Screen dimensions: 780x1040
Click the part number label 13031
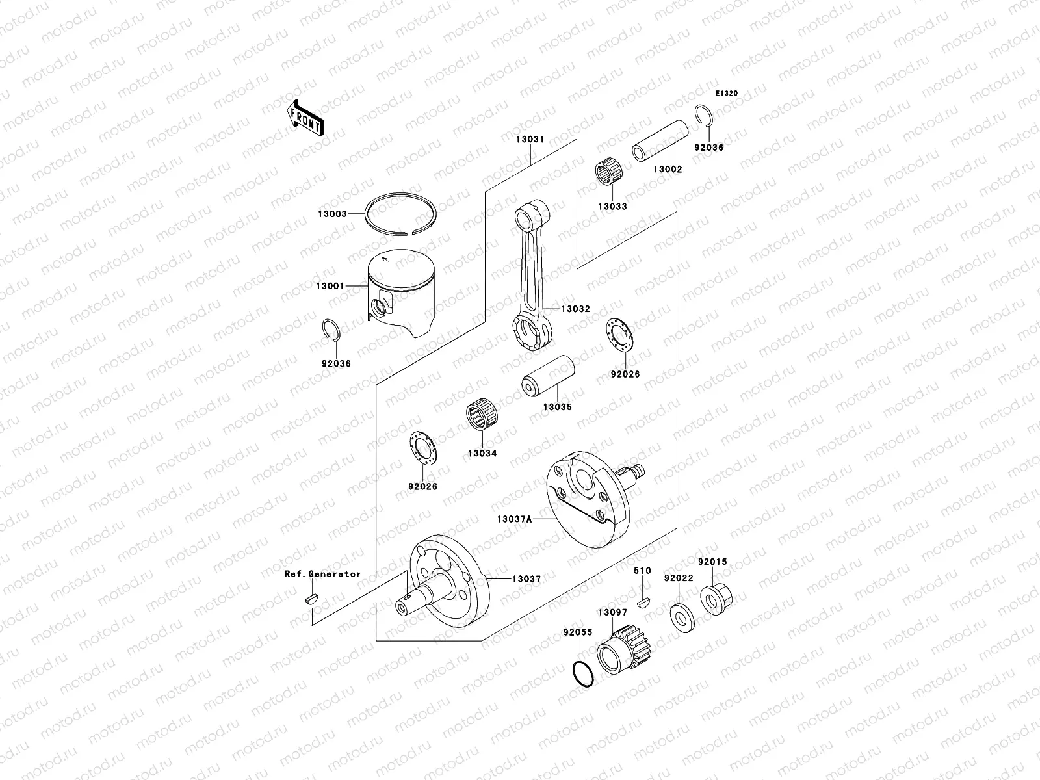(x=530, y=140)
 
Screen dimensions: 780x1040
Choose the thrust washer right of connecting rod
(x=619, y=337)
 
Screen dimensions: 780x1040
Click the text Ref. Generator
(x=322, y=574)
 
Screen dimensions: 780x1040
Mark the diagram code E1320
(x=727, y=94)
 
